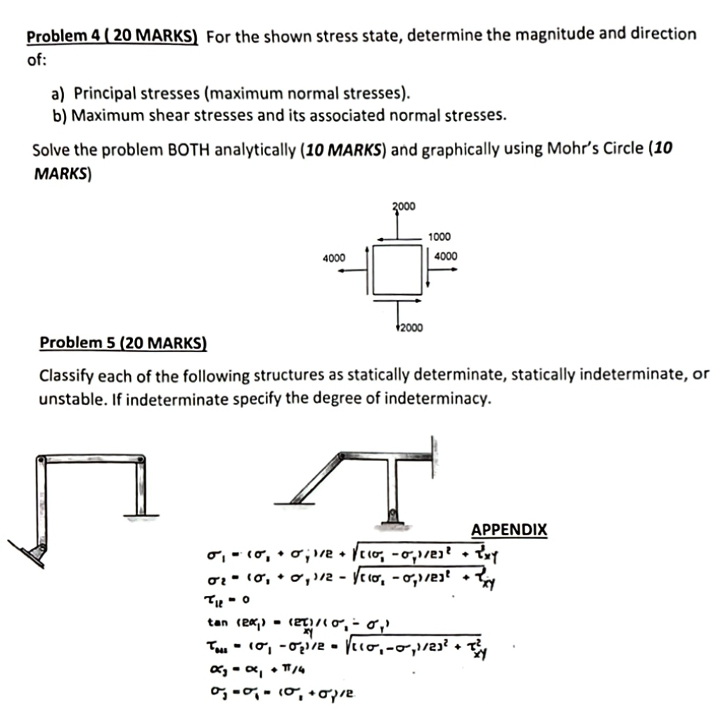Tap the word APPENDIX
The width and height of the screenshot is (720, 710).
[x=509, y=530]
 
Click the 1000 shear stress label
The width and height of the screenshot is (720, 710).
[x=438, y=237]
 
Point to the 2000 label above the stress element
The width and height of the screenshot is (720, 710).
[x=403, y=207]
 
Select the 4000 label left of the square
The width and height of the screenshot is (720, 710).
[x=334, y=258]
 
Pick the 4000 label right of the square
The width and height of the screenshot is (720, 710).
[x=445, y=256]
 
